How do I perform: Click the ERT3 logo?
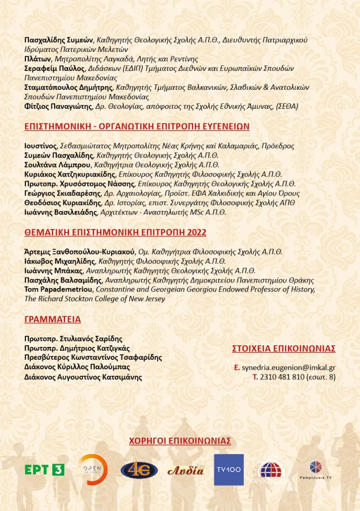click(44, 470)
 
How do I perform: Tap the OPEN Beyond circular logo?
click(93, 470)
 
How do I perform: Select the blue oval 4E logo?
click(139, 470)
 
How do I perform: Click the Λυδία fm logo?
click(185, 470)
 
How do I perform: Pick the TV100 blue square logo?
click(229, 470)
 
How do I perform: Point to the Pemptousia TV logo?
click(316, 470)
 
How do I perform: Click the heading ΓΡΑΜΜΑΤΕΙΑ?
click(52, 319)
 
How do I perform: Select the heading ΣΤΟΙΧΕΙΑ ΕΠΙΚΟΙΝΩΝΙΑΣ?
click(284, 348)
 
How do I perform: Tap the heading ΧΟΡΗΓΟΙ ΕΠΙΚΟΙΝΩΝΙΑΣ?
click(180, 441)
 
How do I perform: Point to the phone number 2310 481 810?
click(282, 377)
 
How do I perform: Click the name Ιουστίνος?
click(41, 146)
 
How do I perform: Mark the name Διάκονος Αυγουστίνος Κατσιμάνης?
click(83, 377)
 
